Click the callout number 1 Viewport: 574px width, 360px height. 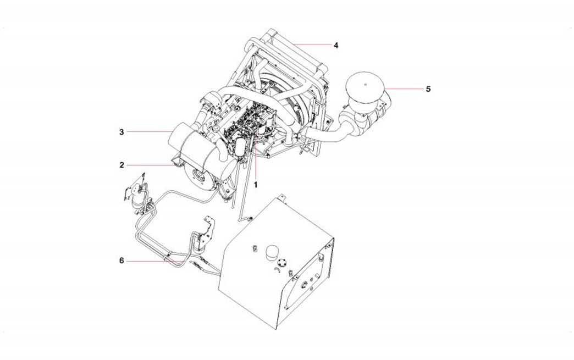coord(256,185)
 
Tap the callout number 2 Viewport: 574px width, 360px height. coord(122,165)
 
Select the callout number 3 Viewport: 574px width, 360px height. coord(122,132)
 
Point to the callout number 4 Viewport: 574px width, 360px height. coord(336,45)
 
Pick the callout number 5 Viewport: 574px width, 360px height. coord(428,88)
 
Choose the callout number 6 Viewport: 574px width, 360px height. coord(122,261)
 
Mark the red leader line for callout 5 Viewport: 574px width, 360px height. coord(402,88)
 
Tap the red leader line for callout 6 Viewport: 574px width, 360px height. coord(154,261)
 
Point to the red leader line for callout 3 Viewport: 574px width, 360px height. coord(150,131)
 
